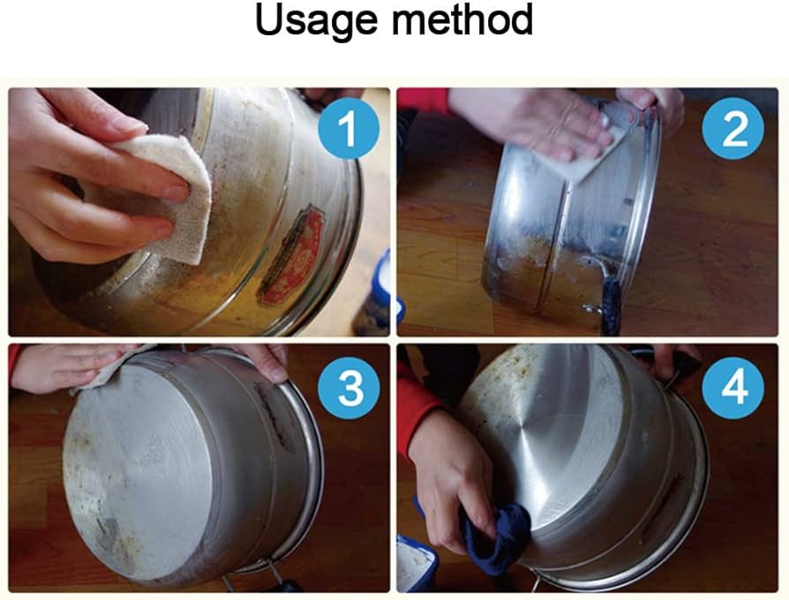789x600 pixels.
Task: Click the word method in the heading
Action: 462,20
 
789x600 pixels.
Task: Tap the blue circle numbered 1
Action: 349,128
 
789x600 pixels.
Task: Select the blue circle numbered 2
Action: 733,128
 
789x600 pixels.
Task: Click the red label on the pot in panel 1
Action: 292,257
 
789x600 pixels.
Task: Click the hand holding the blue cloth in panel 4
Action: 453,477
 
